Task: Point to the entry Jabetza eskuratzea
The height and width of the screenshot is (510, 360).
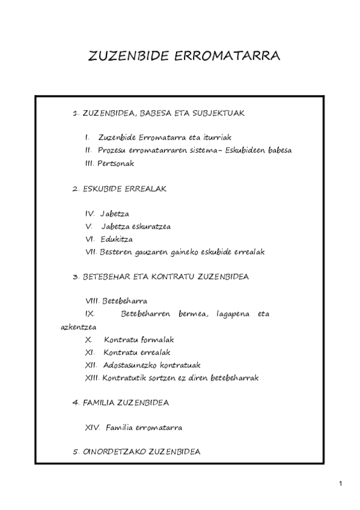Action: point(136,226)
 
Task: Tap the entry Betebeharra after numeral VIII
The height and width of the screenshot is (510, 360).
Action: point(125,301)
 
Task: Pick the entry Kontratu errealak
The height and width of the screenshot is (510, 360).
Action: point(137,352)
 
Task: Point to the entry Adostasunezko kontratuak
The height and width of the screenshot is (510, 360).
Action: point(151,364)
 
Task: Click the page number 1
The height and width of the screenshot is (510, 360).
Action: point(340,484)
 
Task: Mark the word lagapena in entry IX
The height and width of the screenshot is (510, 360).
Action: point(228,314)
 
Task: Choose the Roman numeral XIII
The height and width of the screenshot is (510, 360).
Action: point(93,378)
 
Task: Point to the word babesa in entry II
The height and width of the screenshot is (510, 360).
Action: point(278,150)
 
